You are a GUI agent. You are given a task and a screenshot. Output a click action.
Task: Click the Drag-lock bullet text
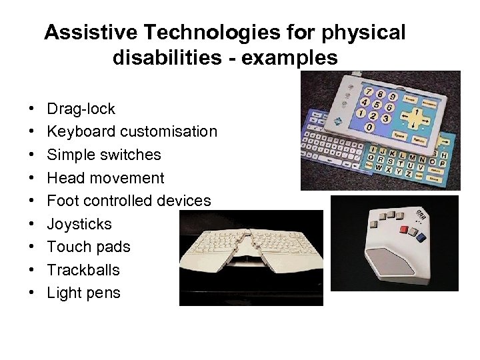[x=81, y=109]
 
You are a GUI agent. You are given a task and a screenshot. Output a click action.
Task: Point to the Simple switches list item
[x=103, y=155]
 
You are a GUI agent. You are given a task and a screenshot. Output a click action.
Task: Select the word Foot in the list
[x=62, y=201]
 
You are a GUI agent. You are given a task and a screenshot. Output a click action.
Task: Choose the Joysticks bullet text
[x=79, y=224]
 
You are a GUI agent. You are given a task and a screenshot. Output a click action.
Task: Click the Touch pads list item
[x=89, y=247]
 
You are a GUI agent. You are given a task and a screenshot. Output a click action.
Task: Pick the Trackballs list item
[x=83, y=270]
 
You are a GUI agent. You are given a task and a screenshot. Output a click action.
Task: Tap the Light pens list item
[x=83, y=293]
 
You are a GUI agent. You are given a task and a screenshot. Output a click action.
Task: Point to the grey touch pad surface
[x=402, y=262]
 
